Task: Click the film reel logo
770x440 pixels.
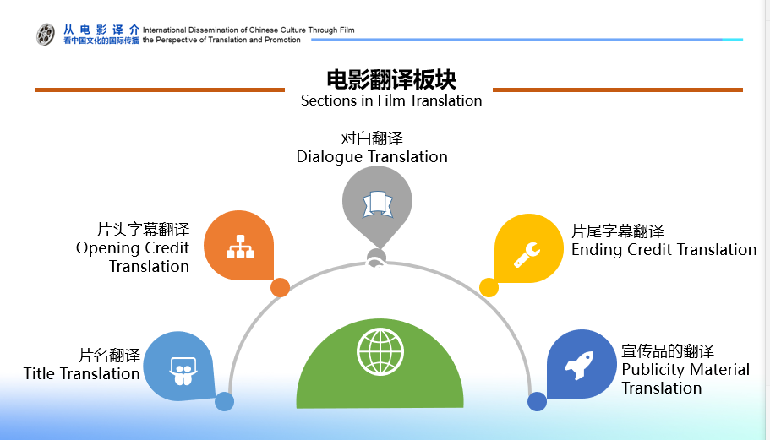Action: pos(45,35)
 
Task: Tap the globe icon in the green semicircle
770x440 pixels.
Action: pos(380,351)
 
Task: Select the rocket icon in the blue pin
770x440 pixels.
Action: pos(580,365)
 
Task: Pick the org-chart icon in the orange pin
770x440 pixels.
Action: pos(240,247)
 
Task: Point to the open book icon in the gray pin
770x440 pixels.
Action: pos(377,204)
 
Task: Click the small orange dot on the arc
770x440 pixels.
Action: pos(280,287)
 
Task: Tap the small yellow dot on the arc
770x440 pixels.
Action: pos(489,287)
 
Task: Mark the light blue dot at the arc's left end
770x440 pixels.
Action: pos(225,402)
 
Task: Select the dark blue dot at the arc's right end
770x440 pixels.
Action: pos(537,402)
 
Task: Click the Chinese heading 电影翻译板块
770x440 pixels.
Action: pos(391,79)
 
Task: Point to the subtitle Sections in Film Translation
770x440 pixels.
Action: pos(391,100)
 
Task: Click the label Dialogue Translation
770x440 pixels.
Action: pos(372,157)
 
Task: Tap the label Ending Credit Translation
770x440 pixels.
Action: pos(664,250)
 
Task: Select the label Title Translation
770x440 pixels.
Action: pos(81,374)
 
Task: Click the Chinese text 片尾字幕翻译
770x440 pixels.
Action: pos(618,231)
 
